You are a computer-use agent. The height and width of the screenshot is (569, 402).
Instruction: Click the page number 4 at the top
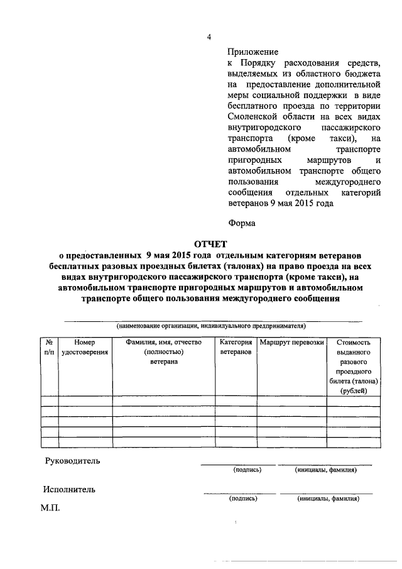pyautogui.click(x=209, y=36)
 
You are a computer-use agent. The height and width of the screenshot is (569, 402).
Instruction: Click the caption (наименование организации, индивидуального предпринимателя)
pyautogui.click(x=210, y=326)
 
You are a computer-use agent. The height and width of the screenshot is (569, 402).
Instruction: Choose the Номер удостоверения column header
pyautogui.click(x=85, y=347)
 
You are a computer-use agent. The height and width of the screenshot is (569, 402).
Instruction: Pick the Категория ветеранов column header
pyautogui.click(x=236, y=347)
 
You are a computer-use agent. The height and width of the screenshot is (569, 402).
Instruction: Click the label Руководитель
pyautogui.click(x=72, y=461)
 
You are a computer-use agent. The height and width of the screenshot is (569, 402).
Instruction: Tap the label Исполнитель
pyautogui.click(x=70, y=489)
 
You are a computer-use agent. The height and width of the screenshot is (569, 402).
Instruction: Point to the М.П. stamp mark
pyautogui.click(x=50, y=507)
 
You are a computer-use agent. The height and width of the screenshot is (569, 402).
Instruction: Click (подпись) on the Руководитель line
pyautogui.click(x=247, y=470)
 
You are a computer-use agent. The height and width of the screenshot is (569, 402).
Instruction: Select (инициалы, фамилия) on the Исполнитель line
pyautogui.click(x=328, y=499)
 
